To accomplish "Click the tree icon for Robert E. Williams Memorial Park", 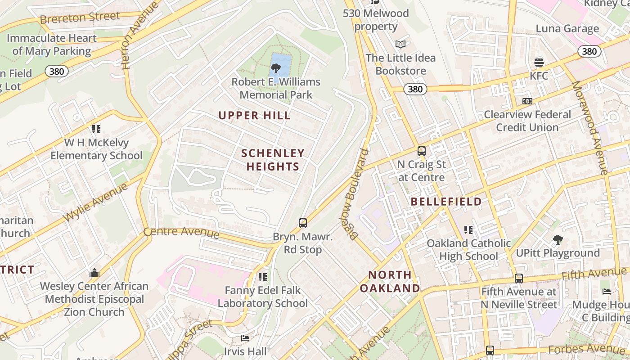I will (275, 69).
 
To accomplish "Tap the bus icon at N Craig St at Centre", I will (422, 151).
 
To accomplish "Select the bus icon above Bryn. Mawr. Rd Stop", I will (303, 223).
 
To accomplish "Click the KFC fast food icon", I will (539, 62).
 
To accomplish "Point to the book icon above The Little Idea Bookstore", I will (400, 44).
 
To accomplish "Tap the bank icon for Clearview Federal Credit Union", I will (527, 101).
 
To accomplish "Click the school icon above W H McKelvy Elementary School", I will (96, 129).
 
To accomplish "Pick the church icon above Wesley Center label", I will (94, 273).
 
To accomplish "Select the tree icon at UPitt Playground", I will (558, 240).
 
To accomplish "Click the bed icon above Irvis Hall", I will (245, 338).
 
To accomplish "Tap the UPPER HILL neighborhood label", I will (255, 116).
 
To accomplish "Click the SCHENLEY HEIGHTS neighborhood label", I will (273, 160).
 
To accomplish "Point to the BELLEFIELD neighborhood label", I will (446, 202).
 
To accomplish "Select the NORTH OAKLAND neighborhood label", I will (390, 281).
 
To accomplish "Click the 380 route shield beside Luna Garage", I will (589, 51).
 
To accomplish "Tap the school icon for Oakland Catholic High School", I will (468, 230).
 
